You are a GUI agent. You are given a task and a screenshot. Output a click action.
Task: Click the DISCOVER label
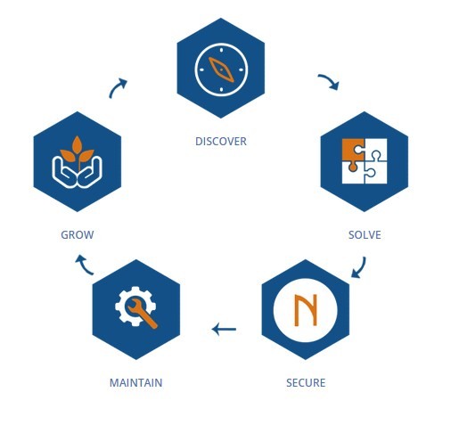(221, 141)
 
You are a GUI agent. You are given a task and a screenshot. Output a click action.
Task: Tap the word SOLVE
(365, 235)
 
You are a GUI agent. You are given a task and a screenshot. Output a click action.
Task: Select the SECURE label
(306, 382)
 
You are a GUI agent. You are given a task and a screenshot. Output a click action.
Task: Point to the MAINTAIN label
(136, 382)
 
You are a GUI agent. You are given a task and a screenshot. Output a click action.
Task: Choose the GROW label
(78, 235)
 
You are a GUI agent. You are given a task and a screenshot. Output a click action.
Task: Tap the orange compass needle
(221, 69)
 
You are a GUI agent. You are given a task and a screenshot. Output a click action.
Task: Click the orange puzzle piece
(354, 151)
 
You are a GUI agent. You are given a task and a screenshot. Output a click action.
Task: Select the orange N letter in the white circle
(305, 310)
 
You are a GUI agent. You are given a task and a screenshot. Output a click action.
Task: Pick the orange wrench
(141, 313)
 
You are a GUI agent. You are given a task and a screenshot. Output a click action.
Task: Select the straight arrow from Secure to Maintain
(224, 329)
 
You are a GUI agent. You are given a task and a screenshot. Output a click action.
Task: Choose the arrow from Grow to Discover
(116, 86)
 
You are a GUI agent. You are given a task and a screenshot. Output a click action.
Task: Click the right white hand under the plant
(91, 174)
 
